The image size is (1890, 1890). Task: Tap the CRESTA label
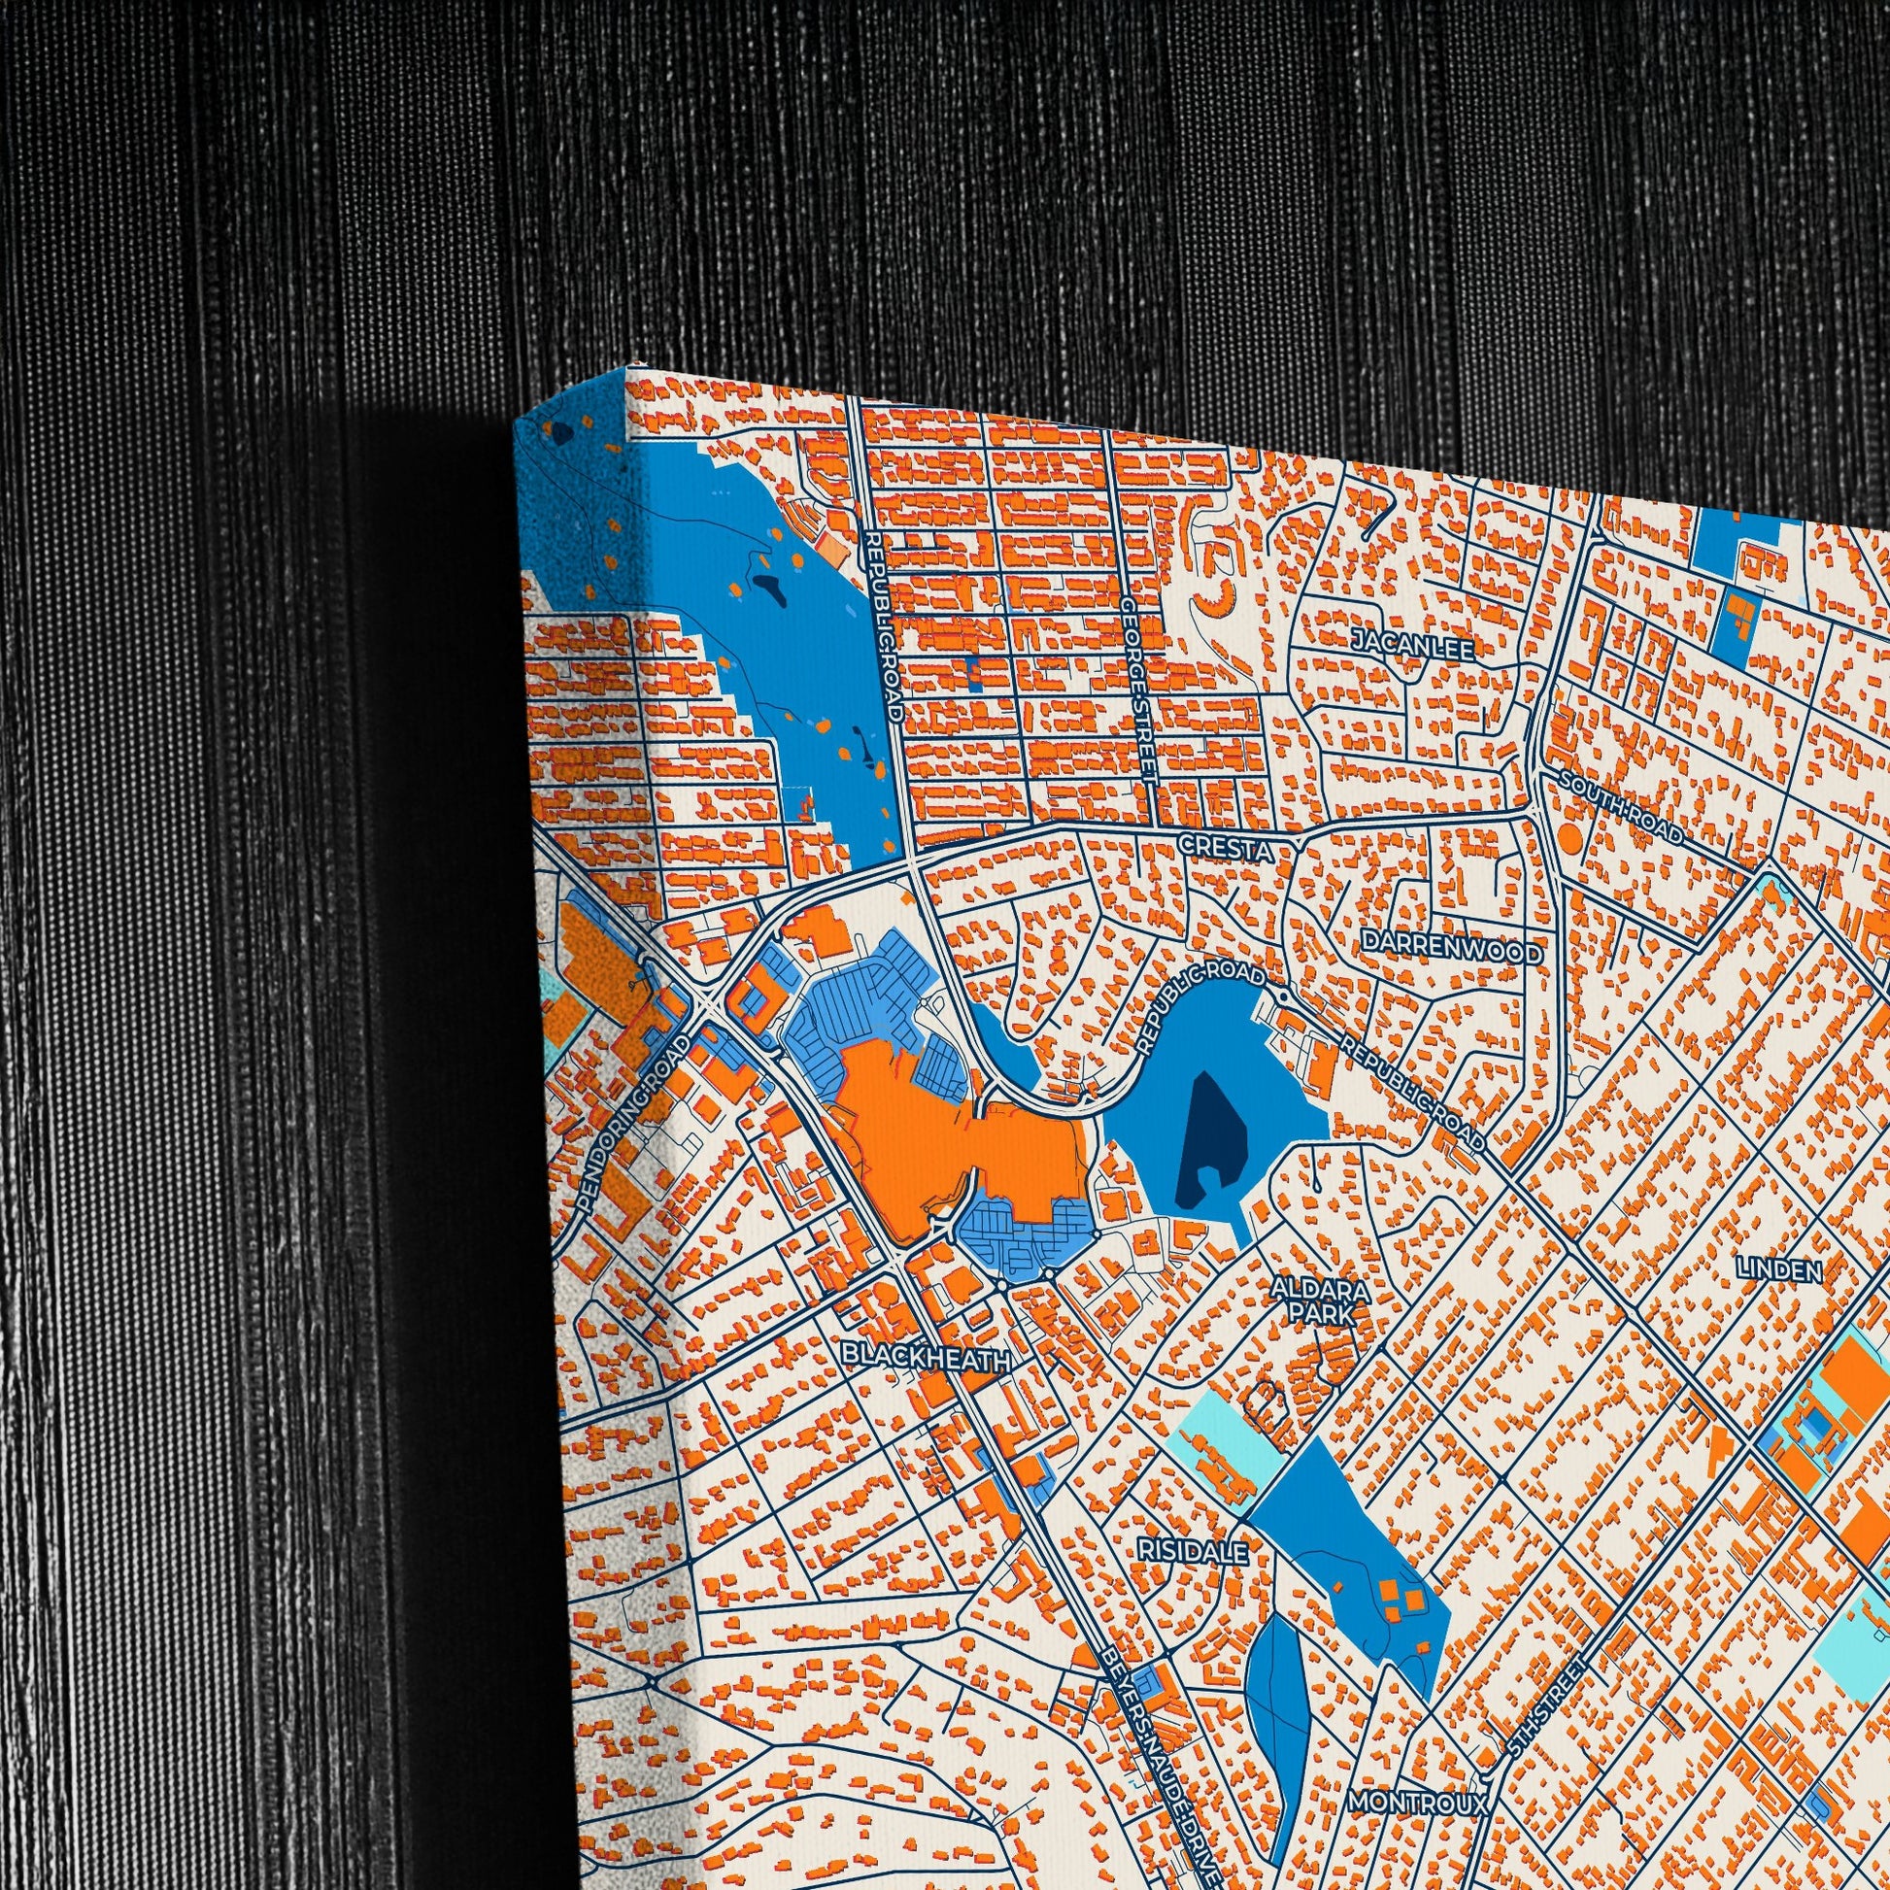[1227, 847]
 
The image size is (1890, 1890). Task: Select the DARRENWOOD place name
[1451, 951]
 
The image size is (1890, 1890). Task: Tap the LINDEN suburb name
[1779, 1270]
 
